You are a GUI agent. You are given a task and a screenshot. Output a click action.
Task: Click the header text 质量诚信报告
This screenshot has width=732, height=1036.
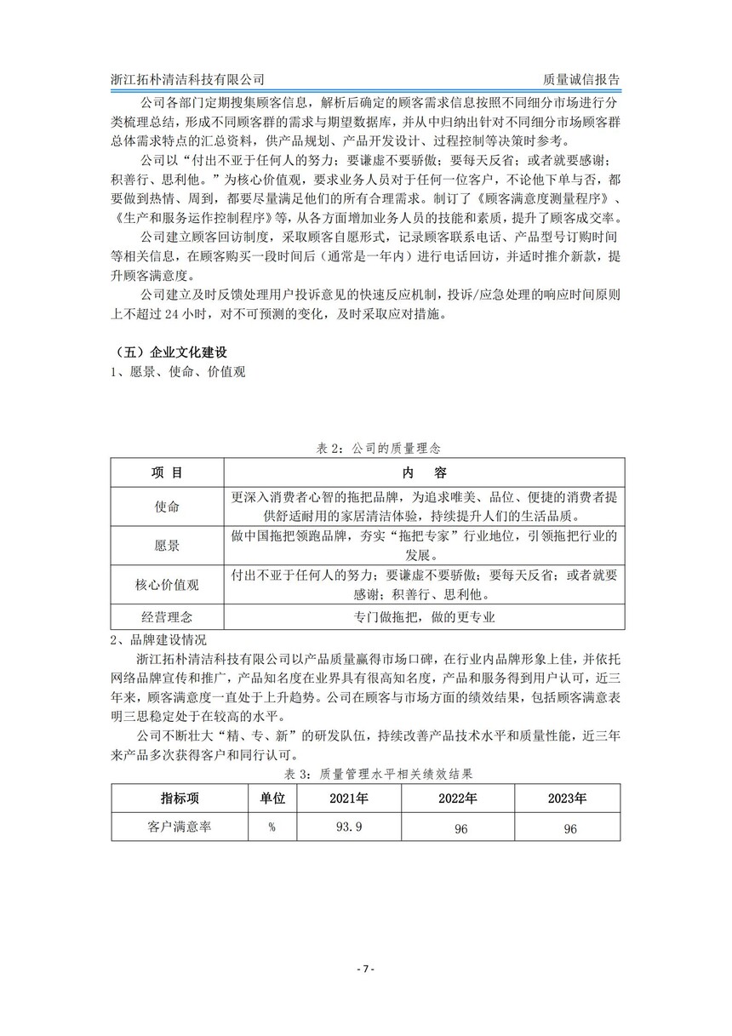pos(575,78)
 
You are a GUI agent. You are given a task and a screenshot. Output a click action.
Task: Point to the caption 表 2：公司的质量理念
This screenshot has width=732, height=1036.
pos(365,447)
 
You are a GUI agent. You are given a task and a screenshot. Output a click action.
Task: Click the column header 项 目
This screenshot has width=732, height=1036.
pos(168,472)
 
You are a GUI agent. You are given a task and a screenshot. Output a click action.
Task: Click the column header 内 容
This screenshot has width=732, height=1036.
pos(423,472)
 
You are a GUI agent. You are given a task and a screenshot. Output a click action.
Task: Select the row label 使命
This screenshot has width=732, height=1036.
pos(168,507)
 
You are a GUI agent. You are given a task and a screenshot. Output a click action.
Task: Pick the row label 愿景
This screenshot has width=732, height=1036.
pos(168,546)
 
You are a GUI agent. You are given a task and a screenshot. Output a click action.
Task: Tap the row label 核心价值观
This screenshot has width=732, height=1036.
pos(168,585)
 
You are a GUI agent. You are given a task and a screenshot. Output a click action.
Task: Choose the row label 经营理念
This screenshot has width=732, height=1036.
pos(168,618)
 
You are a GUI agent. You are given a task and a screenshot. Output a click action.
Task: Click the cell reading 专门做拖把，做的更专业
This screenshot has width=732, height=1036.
pos(423,618)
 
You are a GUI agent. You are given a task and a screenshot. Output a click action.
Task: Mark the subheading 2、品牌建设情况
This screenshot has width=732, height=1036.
pos(158,639)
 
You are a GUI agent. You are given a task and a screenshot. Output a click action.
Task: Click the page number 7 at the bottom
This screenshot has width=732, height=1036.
pos(365,970)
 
